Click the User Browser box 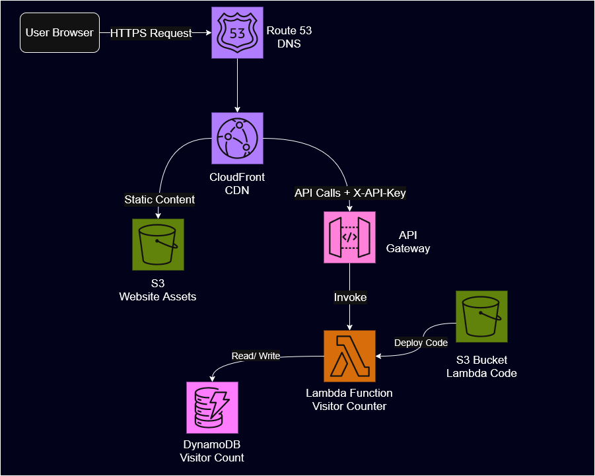(60, 32)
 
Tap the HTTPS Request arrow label (151, 33)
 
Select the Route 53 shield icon (237, 32)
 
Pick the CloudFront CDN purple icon (237, 138)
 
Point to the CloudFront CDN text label (237, 183)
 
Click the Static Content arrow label (159, 199)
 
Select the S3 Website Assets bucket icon (158, 244)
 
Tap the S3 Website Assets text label (158, 290)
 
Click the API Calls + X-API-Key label (349, 193)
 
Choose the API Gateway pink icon (349, 237)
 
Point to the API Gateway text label (408, 242)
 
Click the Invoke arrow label (349, 297)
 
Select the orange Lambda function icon (349, 356)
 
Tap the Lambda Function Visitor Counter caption (349, 399)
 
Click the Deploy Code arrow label (421, 343)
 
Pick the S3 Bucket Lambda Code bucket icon (481, 316)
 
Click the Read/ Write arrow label (256, 356)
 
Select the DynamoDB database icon (212, 407)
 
